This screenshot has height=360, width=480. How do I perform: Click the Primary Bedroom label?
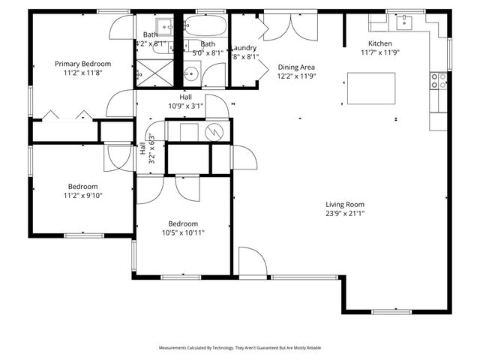coord(82,64)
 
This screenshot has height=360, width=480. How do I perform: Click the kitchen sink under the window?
coord(405,19)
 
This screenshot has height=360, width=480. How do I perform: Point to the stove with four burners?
coord(438,81)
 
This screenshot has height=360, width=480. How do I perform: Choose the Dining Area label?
coord(297,66)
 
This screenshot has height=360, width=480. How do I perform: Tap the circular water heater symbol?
coord(214,131)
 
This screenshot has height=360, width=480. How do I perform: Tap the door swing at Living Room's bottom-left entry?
coord(252,262)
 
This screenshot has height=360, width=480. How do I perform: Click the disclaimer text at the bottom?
coord(239,348)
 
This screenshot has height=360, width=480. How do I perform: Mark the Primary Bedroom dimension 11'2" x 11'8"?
coord(82,73)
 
